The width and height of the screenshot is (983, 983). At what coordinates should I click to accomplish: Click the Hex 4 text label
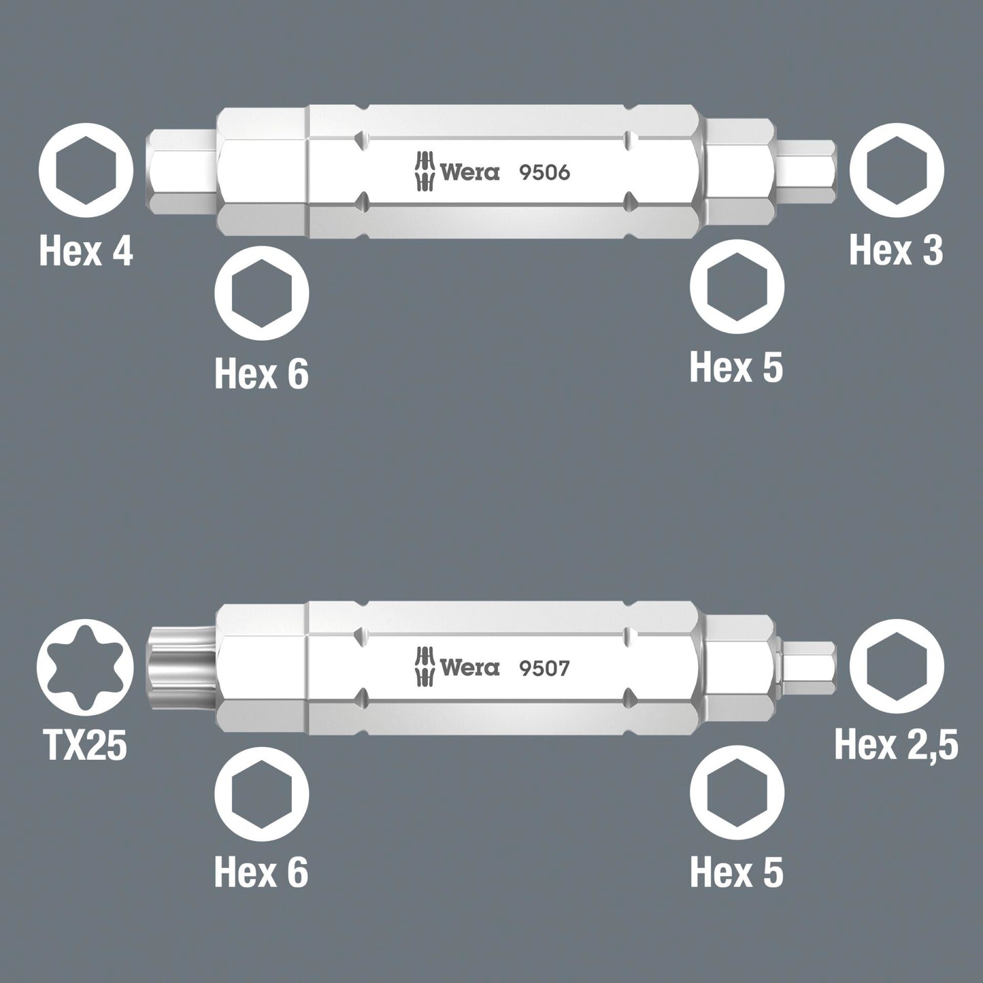coord(86,250)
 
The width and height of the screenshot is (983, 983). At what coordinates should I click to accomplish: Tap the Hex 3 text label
coord(896,250)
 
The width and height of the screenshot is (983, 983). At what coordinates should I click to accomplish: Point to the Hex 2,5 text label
coord(896,746)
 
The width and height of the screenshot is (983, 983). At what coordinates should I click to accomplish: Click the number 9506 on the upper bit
coord(544,173)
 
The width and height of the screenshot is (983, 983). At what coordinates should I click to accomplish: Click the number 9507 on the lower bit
coord(544,669)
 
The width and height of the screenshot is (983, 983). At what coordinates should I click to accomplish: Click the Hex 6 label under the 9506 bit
coord(261,373)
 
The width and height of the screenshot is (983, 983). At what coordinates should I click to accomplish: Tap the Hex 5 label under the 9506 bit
coord(736,367)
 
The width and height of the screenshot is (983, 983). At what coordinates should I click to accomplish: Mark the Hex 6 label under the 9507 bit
coord(261,871)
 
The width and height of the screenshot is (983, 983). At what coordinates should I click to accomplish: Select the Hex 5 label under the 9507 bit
coord(736,871)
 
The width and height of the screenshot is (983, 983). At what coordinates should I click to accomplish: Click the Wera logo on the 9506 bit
coord(458,173)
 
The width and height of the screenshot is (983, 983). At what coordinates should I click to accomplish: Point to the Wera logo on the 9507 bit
coord(458,669)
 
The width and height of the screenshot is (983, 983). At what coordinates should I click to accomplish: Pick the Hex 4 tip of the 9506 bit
coord(181,171)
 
